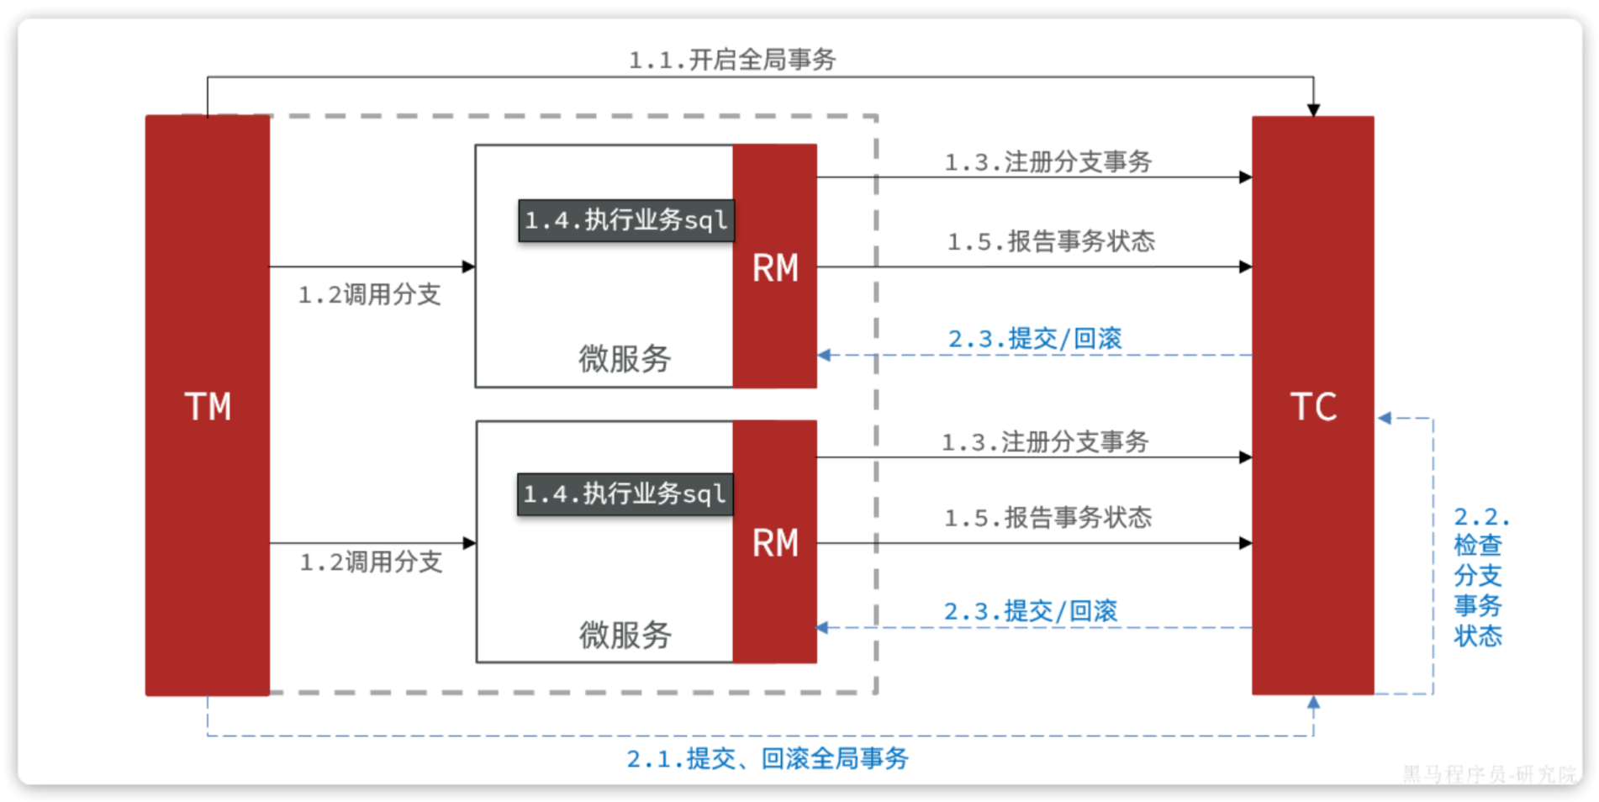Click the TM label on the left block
pyautogui.click(x=208, y=407)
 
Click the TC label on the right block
pyautogui.click(x=1313, y=407)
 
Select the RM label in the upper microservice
pyautogui.click(x=775, y=268)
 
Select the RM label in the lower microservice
pyautogui.click(x=775, y=543)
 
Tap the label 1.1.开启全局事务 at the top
pyautogui.click(x=731, y=60)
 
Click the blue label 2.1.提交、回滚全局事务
pyautogui.click(x=767, y=758)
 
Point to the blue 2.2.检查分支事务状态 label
pyautogui.click(x=1479, y=576)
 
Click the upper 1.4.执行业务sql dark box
pyautogui.click(x=625, y=220)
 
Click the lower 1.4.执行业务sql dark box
pyautogui.click(x=624, y=493)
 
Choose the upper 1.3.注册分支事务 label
pyautogui.click(x=1048, y=161)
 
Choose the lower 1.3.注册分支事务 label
pyautogui.click(x=1045, y=441)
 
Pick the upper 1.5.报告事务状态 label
pyautogui.click(x=1051, y=241)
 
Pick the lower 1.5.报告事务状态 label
pyautogui.click(x=1048, y=517)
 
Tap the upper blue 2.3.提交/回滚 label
pyautogui.click(x=1035, y=339)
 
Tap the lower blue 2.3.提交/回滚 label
pyautogui.click(x=1031, y=611)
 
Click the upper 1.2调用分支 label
pyautogui.click(x=369, y=294)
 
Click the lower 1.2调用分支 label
pyautogui.click(x=371, y=562)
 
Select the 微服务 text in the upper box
pyautogui.click(x=625, y=359)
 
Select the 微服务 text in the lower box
pyautogui.click(x=625, y=635)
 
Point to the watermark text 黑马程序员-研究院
pyautogui.click(x=1489, y=774)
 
